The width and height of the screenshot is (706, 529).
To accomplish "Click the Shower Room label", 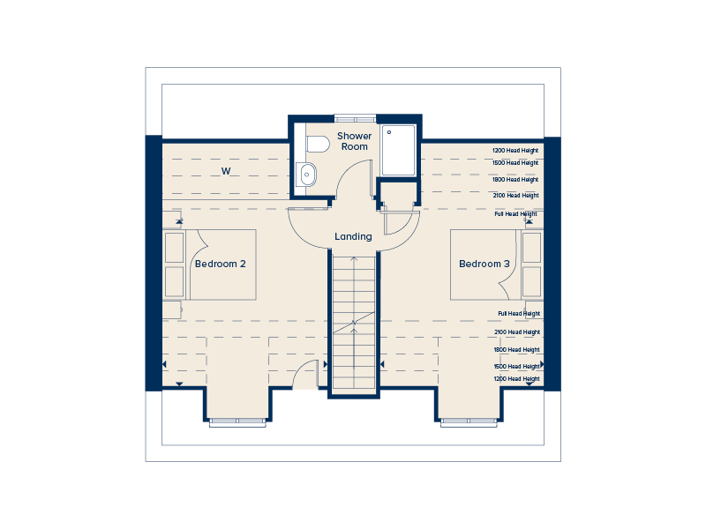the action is click(x=355, y=141).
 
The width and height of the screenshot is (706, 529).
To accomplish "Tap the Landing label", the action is click(x=354, y=236).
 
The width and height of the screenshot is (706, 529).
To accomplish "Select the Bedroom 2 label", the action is click(x=220, y=264).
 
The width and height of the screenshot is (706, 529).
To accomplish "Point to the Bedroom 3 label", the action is click(x=484, y=264).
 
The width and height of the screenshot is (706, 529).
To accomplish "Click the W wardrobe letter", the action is click(x=226, y=171).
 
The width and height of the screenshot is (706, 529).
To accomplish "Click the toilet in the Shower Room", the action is click(x=317, y=145).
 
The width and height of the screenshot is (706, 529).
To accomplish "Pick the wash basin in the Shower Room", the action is click(x=306, y=175).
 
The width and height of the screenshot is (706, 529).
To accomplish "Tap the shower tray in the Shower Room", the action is click(x=398, y=150).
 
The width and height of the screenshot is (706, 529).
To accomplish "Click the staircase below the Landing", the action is click(x=354, y=322).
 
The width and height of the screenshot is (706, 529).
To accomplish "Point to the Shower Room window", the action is click(x=356, y=119).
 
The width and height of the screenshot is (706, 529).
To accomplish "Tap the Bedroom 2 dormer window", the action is click(x=237, y=421).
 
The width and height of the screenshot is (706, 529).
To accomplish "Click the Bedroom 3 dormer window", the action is click(x=469, y=421).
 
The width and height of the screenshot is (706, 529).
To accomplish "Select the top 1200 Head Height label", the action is click(x=515, y=151).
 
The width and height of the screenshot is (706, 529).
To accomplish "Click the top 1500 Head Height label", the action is click(x=515, y=163).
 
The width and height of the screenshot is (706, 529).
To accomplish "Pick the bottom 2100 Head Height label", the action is click(x=517, y=332).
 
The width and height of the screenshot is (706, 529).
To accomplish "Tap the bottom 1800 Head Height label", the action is click(x=516, y=349).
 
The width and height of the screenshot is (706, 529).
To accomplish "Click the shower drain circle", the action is click(x=389, y=132).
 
